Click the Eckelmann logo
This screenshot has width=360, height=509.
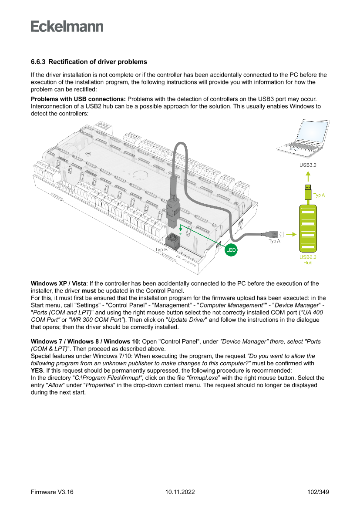(67, 26)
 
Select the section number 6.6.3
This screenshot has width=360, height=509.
(38, 62)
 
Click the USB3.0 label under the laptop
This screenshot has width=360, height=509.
(308, 165)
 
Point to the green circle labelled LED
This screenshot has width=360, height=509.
(231, 250)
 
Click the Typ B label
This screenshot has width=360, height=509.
(161, 250)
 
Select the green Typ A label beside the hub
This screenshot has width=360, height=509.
(319, 196)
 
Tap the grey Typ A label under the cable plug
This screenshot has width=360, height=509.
(274, 241)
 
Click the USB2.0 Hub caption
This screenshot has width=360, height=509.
(308, 260)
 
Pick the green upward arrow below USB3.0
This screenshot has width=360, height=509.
(308, 176)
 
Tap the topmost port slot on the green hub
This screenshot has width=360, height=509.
(308, 212)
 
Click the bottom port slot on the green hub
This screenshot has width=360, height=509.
(308, 246)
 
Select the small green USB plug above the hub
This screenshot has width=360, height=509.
(308, 192)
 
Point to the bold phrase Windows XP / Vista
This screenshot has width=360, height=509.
(58, 283)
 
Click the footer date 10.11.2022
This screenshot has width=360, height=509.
(180, 492)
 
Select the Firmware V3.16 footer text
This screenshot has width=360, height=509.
(52, 492)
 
